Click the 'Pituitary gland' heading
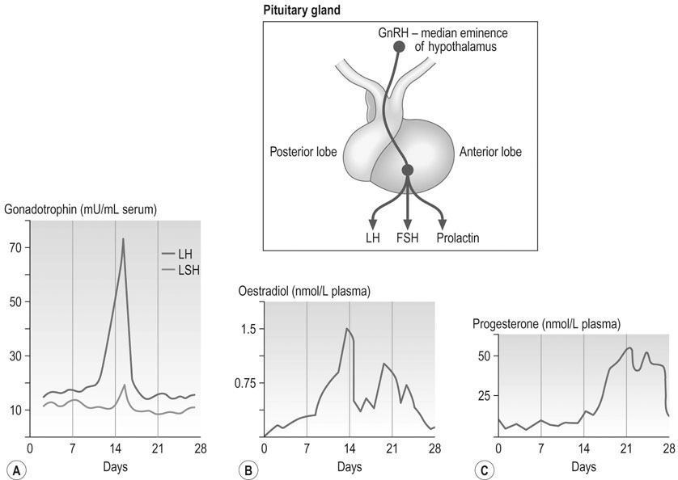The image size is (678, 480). click(302, 10)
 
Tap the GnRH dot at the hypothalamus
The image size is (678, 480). click(399, 47)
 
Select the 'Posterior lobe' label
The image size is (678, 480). click(303, 152)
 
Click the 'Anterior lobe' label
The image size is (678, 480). click(490, 152)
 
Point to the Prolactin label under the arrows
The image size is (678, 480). click(458, 238)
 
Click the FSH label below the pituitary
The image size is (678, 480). click(407, 238)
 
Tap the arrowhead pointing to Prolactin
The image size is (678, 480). click(442, 224)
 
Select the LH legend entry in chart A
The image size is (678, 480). click(177, 254)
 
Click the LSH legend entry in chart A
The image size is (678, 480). click(180, 271)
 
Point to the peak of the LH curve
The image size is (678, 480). click(123, 238)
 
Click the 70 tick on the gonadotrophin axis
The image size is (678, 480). click(16, 247)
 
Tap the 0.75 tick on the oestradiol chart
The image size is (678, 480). click(244, 383)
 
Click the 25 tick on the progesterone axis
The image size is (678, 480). click(485, 396)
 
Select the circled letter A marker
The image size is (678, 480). click(17, 470)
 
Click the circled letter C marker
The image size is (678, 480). click(484, 470)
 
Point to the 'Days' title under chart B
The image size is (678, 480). click(350, 466)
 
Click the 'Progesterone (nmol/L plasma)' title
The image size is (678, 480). click(547, 323)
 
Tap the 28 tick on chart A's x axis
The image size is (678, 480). click(200, 448)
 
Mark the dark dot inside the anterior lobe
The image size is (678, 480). click(407, 171)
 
